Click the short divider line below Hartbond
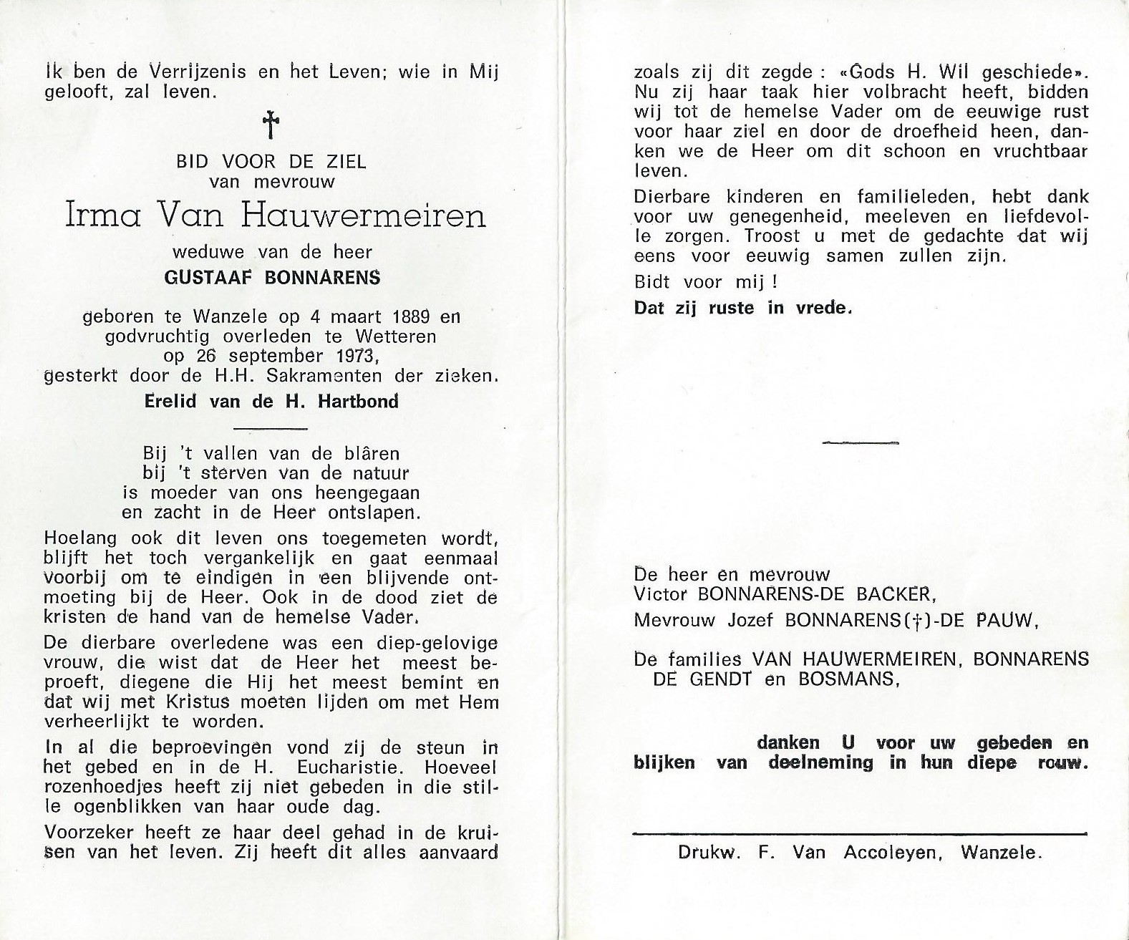[271, 428]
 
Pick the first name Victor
[661, 594]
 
